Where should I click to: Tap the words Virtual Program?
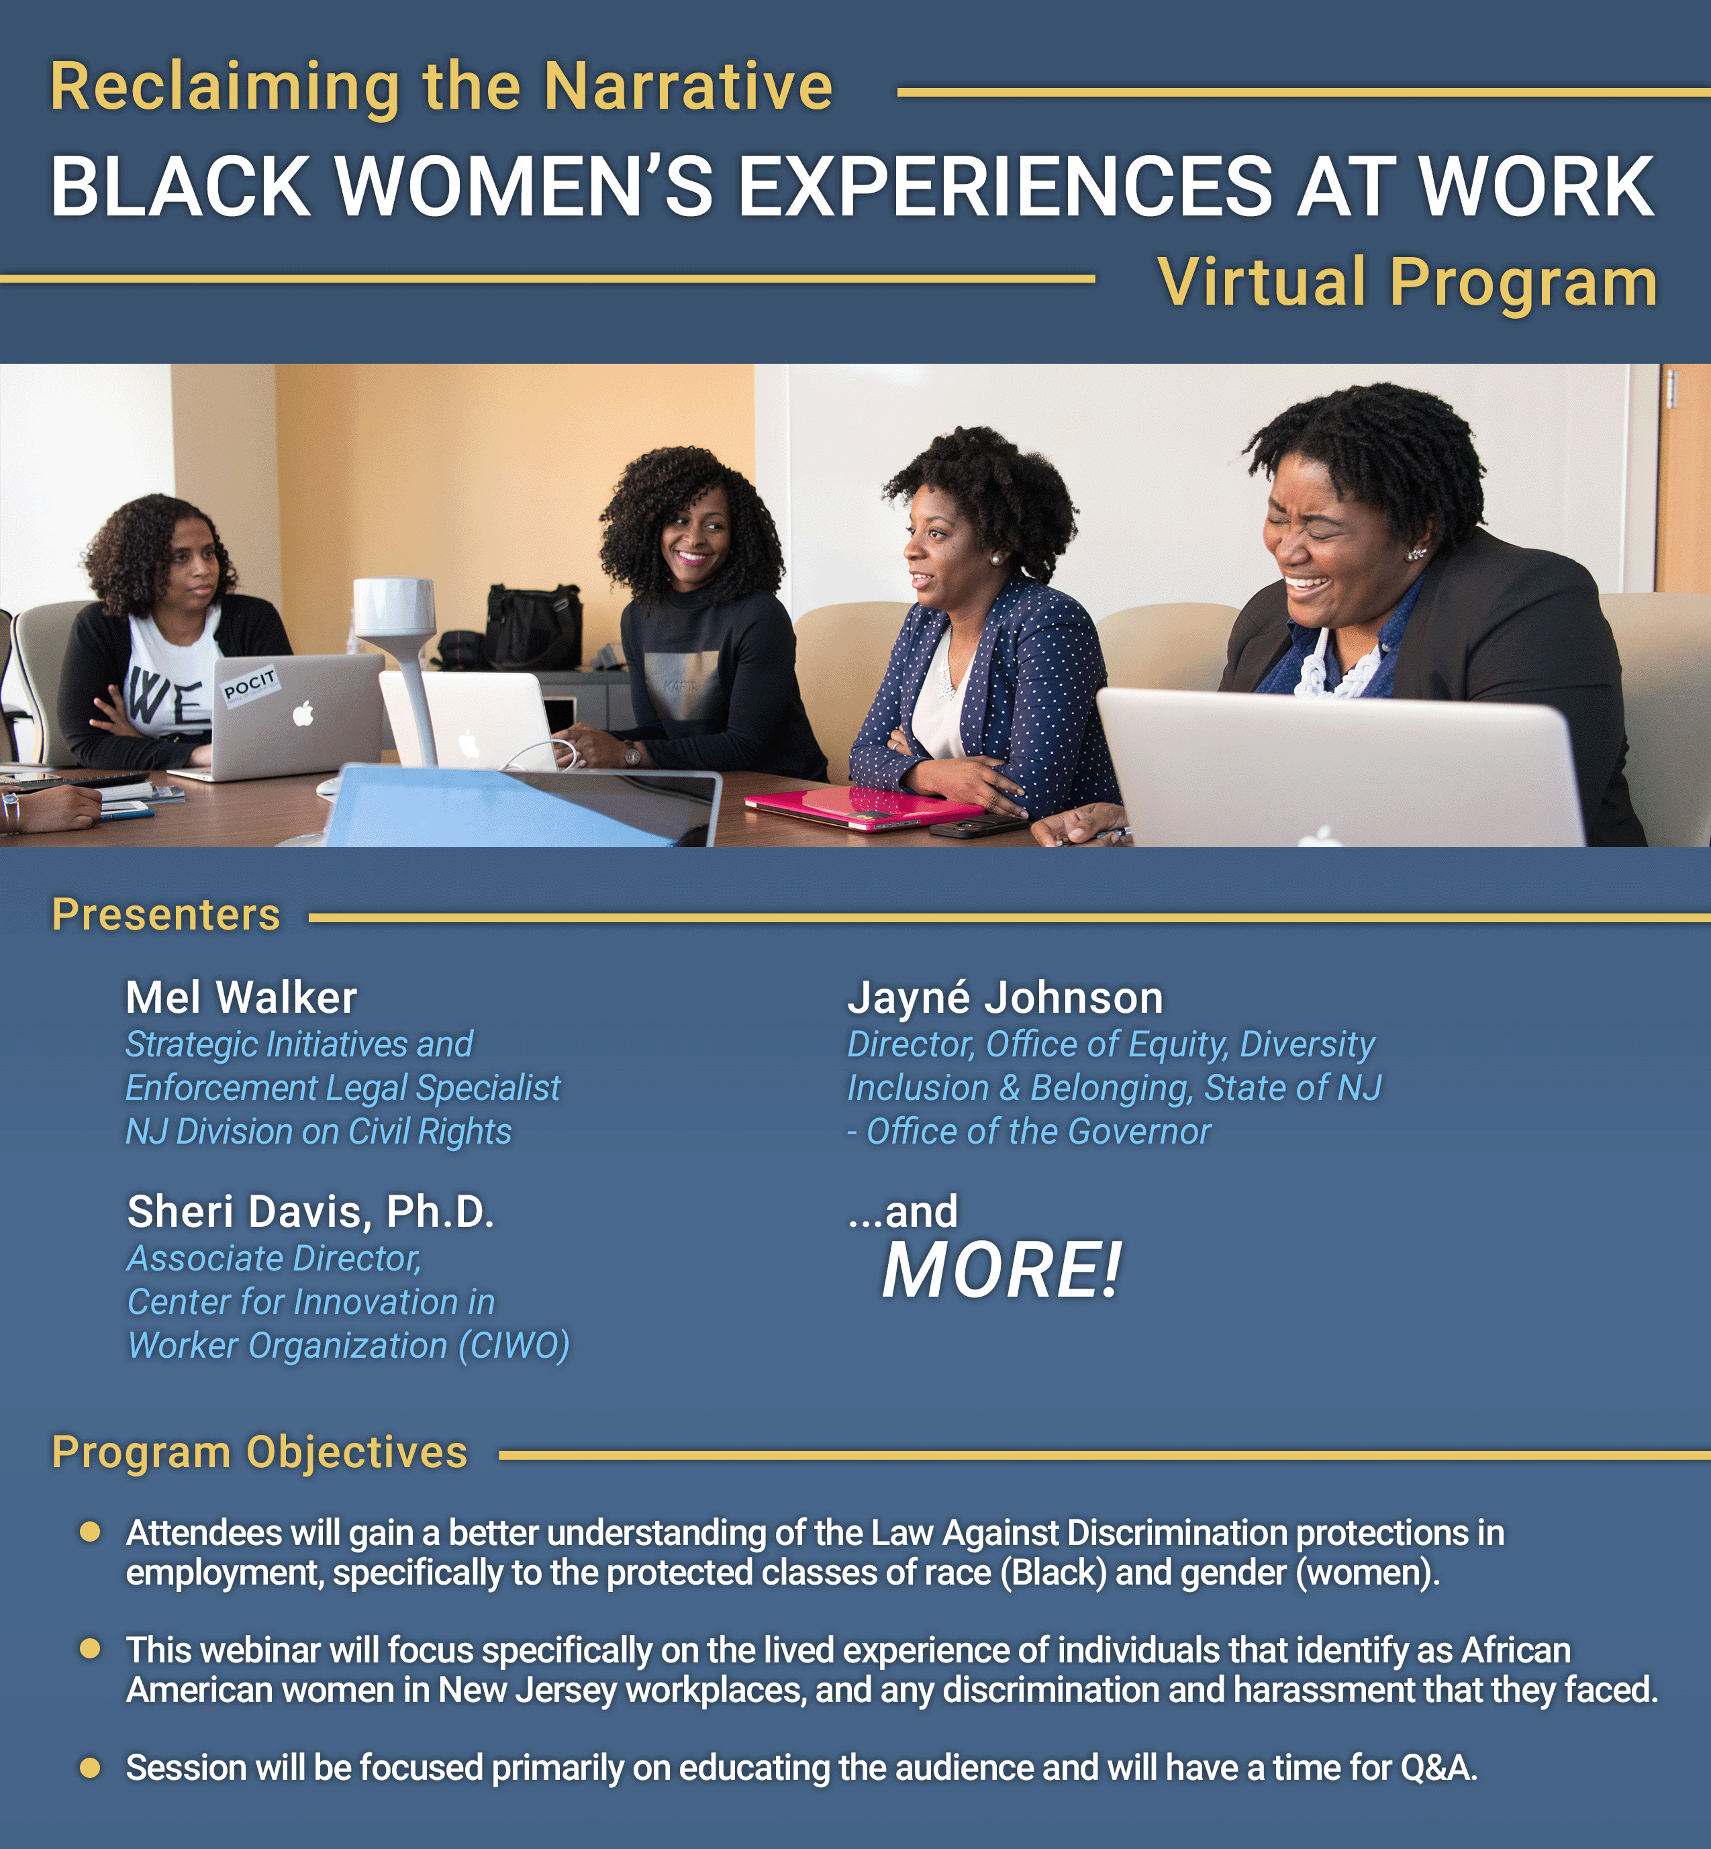[1408, 283]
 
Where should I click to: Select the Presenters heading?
[166, 915]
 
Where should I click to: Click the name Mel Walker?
[241, 997]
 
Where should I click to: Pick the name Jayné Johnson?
[1005, 998]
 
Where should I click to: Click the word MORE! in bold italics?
[1001, 1270]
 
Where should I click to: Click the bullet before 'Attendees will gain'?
[90, 1532]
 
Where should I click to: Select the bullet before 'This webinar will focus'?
[90, 1649]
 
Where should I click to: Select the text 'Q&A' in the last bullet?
[1434, 1768]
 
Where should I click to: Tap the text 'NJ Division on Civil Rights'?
[318, 1132]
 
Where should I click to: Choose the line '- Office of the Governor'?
[1028, 1132]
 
